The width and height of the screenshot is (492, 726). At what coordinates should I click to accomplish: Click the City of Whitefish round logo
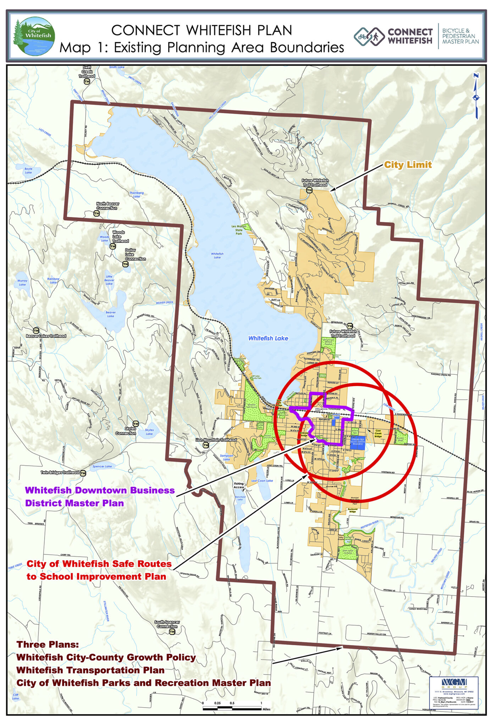click(34, 36)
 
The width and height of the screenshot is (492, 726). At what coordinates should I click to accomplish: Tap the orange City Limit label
click(408, 165)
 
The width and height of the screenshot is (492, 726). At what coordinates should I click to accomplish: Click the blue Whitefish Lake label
click(268, 338)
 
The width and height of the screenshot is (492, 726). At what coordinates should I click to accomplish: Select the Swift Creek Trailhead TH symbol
click(87, 82)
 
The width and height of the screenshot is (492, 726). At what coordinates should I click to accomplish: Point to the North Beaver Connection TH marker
click(96, 213)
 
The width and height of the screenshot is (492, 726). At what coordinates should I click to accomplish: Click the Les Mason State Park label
click(239, 230)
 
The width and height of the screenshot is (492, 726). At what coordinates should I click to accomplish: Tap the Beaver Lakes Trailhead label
click(46, 336)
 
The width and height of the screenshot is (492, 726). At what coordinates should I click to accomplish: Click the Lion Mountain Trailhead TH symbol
click(206, 445)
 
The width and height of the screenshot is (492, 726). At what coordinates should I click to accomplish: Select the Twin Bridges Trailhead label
click(60, 473)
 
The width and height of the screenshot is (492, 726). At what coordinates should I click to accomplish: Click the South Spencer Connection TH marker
click(172, 632)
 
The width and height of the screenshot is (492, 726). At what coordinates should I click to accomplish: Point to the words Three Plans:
click(48, 644)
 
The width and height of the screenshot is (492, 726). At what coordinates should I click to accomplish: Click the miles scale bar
click(232, 708)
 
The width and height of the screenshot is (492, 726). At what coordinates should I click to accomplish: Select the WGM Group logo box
click(454, 692)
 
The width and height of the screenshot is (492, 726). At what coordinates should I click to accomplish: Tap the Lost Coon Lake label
click(262, 481)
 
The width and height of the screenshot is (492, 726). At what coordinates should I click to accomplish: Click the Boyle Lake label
click(28, 171)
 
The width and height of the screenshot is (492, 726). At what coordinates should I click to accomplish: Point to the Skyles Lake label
click(149, 432)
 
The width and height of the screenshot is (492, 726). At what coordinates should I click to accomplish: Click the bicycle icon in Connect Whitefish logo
click(362, 36)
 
